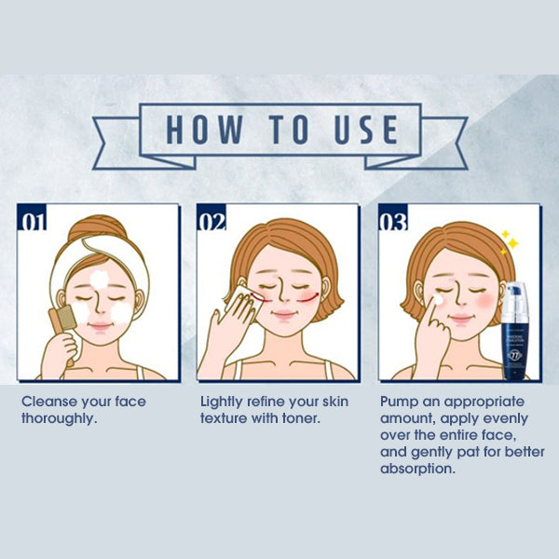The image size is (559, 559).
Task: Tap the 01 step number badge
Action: click(33, 222)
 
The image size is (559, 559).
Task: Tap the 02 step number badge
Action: click(212, 222)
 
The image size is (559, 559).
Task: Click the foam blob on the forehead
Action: click(100, 279)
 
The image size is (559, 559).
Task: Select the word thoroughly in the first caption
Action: click(60, 418)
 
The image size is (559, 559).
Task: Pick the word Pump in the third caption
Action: click(399, 402)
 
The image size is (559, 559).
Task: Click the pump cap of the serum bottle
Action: click(516, 294)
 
